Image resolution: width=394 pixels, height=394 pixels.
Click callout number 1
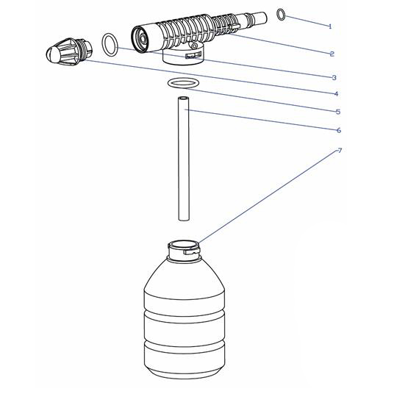pos(330,26)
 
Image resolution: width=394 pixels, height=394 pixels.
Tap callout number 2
pos(332,54)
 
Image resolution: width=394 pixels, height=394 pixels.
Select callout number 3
pos(334,78)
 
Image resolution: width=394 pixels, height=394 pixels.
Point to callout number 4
pos(336,94)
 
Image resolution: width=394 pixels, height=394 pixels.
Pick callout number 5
pos(338,112)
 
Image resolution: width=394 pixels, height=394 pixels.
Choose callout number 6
pos(339,130)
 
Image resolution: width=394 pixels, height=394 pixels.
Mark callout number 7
pos(340,151)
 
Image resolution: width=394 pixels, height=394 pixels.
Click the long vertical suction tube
pos(184,158)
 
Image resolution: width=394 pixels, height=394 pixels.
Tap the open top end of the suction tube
pos(184,98)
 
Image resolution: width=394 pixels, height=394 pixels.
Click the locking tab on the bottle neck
pos(191,251)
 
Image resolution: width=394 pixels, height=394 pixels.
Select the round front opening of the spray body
pos(141,39)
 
